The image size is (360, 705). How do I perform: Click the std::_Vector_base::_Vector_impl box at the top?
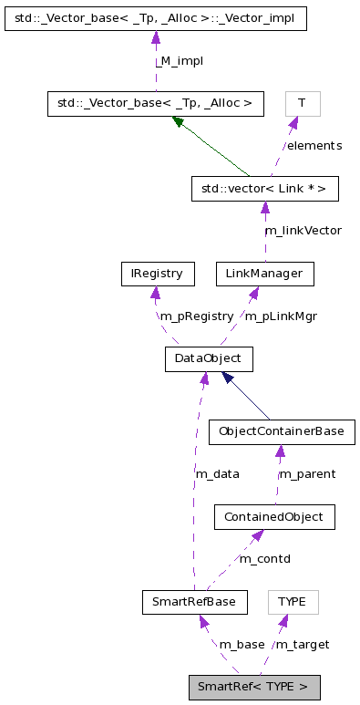[155, 17]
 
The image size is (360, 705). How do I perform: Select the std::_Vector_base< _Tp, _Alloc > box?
[155, 103]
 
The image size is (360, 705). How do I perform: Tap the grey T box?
[303, 103]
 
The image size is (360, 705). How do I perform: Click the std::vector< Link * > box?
[264, 189]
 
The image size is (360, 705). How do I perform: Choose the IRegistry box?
[157, 273]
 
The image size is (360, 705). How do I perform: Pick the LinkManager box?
[264, 273]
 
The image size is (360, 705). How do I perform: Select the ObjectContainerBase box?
[280, 430]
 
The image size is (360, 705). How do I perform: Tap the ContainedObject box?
[273, 517]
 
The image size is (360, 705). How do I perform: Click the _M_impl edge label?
[179, 60]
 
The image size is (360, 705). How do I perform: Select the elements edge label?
[314, 145]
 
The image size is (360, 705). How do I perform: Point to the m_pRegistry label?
[196, 316]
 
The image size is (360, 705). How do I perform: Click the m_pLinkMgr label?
[281, 316]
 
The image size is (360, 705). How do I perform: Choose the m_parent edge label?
[306, 473]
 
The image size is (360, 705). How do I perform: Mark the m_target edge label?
[302, 644]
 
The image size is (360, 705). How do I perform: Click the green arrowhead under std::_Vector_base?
[179, 121]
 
